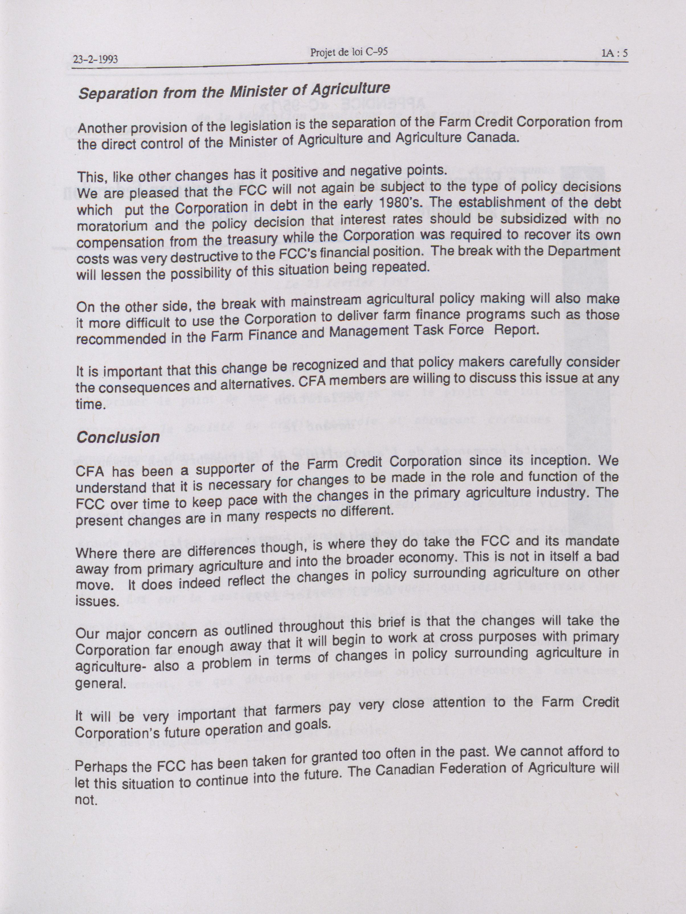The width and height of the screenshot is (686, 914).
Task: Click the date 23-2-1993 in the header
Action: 95,60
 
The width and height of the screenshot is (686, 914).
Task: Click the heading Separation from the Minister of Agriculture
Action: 234,91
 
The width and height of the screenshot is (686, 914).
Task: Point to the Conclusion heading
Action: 118,437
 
